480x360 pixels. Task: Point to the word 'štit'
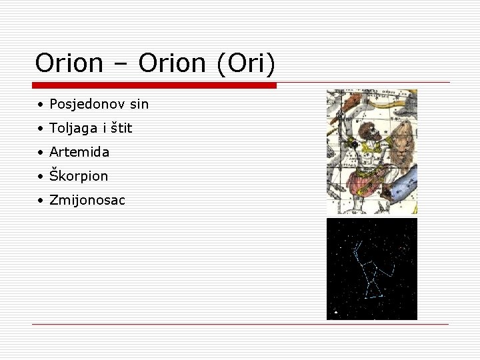(x=121, y=128)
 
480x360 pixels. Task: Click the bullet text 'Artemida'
(x=79, y=152)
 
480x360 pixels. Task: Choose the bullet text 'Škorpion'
(x=79, y=176)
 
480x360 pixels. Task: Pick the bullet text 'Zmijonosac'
(x=87, y=200)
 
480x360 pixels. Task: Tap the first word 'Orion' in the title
(x=69, y=63)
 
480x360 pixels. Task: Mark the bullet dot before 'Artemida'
(x=41, y=153)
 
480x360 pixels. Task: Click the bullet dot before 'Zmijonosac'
(x=41, y=201)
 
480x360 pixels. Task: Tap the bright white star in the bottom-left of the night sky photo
(x=337, y=311)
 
